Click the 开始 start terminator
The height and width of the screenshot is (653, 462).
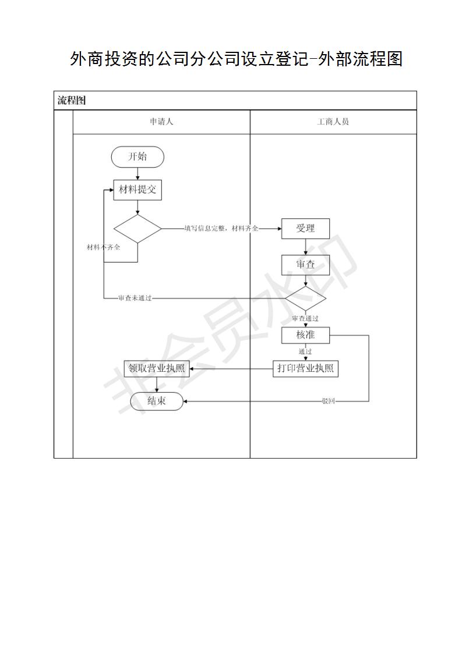[137, 157]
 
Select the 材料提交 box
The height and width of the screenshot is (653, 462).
[137, 190]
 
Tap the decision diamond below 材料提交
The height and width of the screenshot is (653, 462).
[137, 229]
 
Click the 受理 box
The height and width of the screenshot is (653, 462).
[306, 229]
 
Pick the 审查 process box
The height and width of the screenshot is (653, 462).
[306, 265]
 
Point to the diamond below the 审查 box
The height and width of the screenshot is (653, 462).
[306, 298]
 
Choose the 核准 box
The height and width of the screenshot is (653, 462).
[306, 335]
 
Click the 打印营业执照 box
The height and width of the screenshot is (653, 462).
[306, 368]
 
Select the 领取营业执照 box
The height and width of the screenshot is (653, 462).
[157, 368]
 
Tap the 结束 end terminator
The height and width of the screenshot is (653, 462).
[157, 401]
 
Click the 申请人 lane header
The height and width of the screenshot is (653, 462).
[161, 122]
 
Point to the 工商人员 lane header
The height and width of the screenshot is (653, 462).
[333, 122]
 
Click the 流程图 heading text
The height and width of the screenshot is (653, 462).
[72, 100]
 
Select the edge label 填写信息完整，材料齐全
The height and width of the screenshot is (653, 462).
[221, 228]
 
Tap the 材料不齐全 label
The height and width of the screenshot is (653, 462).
[103, 247]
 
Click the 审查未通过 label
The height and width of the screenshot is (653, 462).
[135, 298]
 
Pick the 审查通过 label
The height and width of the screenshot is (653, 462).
[305, 318]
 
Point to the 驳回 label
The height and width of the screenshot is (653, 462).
[329, 401]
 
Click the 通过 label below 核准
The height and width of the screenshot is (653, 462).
[305, 352]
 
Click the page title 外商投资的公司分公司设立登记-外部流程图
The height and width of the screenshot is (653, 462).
[236, 59]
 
